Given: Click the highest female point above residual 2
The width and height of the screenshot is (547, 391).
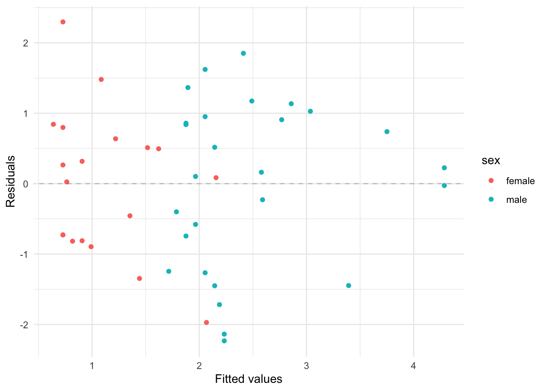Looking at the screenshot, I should pos(63,22).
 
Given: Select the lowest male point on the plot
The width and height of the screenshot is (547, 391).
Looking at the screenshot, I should pos(224,341).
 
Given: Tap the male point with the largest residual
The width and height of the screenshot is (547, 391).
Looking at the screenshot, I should pos(243,53).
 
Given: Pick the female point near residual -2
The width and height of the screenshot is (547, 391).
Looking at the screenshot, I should pos(206,323).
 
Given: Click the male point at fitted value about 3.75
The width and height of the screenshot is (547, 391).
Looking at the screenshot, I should pos(387,132).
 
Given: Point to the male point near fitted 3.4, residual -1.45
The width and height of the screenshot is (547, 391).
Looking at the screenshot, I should pos(349,286).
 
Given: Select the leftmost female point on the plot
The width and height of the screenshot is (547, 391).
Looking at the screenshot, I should pos(53,124).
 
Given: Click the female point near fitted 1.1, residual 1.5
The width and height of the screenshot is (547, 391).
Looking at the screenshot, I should pos(101,79).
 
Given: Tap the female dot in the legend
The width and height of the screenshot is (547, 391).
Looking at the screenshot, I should pos(491,181).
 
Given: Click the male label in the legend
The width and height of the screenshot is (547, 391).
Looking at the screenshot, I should pos(516,200).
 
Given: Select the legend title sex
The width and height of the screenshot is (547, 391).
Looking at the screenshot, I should pos(491,160).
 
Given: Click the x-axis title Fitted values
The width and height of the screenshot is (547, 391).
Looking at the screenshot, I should pos(248,379).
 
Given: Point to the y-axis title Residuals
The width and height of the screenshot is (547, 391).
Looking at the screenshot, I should pos(11,181).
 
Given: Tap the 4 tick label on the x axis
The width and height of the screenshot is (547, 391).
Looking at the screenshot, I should pos(414,366).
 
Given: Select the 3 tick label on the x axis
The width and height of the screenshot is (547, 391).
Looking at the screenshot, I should pos(306,366).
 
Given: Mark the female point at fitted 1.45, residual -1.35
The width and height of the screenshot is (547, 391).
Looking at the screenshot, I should pos(140,279).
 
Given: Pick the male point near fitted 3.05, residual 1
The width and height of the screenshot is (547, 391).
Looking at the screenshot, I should pos(311,111).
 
